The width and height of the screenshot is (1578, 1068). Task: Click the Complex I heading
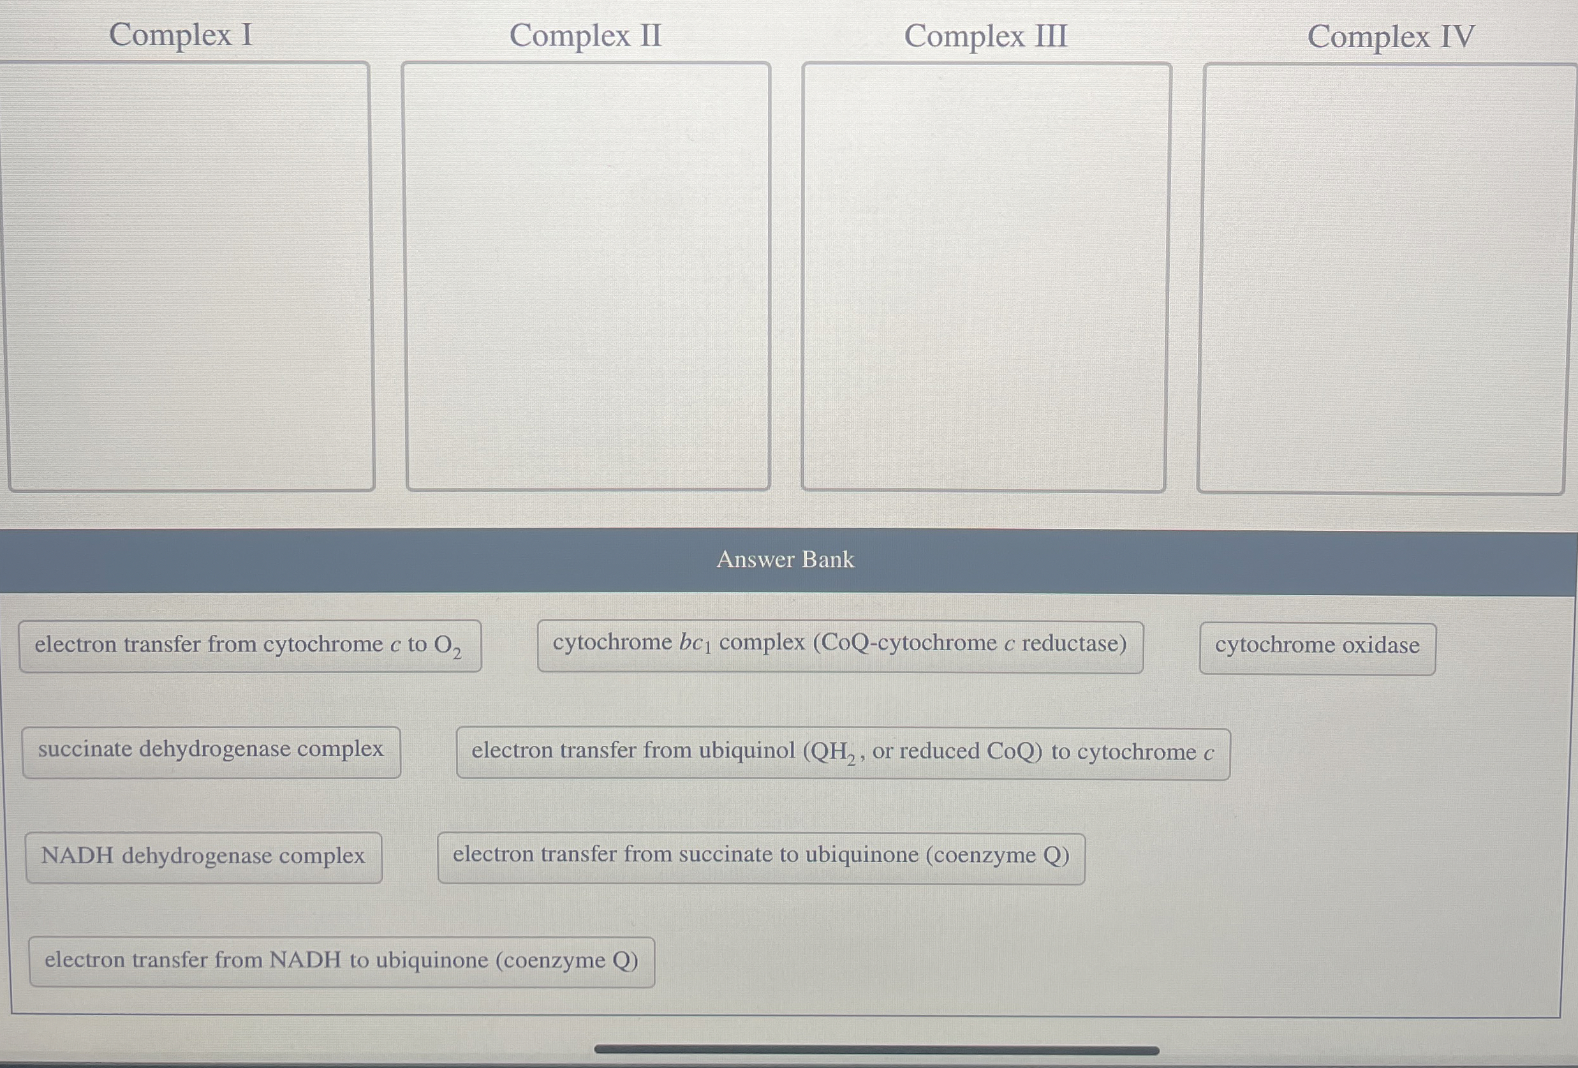click(x=181, y=34)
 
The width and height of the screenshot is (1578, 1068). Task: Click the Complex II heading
click(x=586, y=35)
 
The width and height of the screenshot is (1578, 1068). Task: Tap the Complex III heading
click(x=985, y=36)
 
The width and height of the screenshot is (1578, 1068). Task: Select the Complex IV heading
click(x=1390, y=36)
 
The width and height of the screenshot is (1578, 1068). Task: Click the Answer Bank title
click(x=786, y=560)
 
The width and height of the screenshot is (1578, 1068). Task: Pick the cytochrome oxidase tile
click(x=1316, y=646)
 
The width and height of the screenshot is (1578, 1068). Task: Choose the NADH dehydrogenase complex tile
click(x=203, y=856)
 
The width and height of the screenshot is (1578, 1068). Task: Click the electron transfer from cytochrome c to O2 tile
click(x=249, y=645)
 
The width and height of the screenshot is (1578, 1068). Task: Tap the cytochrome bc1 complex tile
click(x=839, y=644)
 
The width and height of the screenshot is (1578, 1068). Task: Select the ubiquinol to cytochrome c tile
click(x=842, y=752)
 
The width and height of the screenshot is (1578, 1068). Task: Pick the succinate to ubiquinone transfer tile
click(x=760, y=856)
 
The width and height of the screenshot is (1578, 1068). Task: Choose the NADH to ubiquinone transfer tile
click(x=341, y=961)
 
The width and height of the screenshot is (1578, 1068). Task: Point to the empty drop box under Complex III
click(x=985, y=276)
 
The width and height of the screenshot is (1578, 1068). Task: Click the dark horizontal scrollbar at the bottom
click(x=876, y=1049)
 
